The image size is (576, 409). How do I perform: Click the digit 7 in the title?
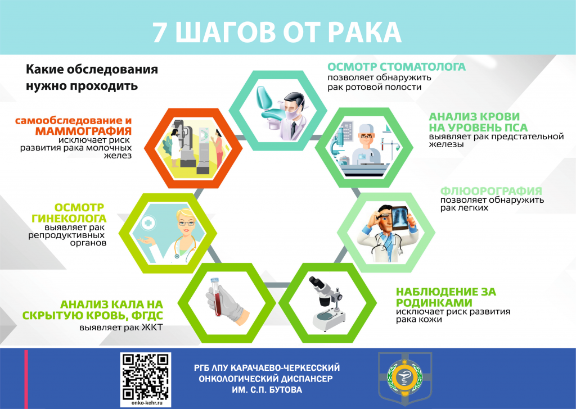tap(159, 32)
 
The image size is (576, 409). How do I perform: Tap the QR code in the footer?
tap(146, 377)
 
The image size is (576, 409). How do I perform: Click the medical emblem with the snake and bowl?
tap(404, 377)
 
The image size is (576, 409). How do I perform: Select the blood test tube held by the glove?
tap(215, 297)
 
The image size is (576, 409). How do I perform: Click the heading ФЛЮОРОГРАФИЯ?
tap(491, 191)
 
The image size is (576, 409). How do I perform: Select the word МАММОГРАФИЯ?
tap(83, 131)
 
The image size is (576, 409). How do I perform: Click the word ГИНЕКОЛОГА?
tap(69, 219)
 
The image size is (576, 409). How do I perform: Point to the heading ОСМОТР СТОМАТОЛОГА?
tap(397, 67)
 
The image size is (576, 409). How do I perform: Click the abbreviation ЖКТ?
tap(152, 327)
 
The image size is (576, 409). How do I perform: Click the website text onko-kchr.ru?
tap(146, 403)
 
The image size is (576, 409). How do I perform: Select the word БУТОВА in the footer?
tap(285, 389)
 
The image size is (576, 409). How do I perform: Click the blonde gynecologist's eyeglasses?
tap(186, 222)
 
